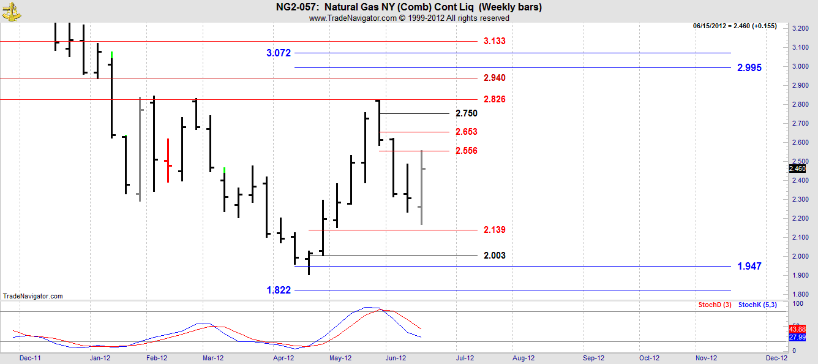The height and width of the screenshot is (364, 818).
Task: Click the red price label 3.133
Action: [494, 41]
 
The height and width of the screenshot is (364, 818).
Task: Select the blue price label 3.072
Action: [279, 53]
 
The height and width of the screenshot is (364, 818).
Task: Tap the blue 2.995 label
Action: [749, 68]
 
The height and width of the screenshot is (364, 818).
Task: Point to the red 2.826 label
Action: [494, 99]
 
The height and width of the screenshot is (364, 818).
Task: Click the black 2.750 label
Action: [467, 113]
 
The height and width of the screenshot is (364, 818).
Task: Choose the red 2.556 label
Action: [467, 151]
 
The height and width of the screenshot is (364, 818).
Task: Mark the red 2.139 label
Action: [494, 230]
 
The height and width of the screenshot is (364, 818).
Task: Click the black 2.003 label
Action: [494, 256]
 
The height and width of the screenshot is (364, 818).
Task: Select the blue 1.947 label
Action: [749, 267]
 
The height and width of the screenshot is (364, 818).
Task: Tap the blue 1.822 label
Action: [279, 290]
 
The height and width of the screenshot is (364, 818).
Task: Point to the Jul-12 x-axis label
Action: [463, 357]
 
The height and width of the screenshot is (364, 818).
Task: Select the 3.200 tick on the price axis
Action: [798, 29]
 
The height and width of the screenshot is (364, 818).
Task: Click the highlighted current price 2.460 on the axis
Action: [797, 169]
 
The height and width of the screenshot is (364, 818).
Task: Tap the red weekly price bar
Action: [168, 161]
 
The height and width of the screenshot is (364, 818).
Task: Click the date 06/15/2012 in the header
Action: [710, 26]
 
